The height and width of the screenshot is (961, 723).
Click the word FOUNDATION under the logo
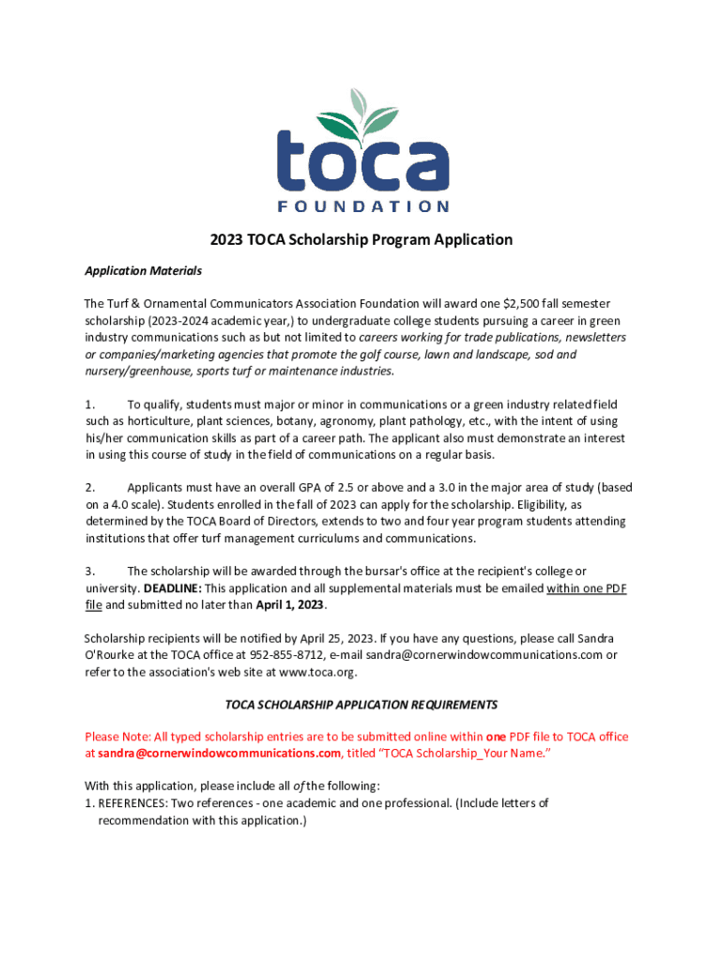361,206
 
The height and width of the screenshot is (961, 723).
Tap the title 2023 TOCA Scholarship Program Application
361,239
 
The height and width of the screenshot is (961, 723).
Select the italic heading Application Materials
143,270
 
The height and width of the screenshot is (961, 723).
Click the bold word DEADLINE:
172,588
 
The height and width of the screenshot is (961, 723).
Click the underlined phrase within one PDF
586,588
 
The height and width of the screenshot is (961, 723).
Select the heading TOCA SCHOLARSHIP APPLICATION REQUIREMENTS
361,704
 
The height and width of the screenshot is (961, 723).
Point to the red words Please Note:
117,737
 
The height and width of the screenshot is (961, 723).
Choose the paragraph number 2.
90,487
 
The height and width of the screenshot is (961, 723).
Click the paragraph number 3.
90,572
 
